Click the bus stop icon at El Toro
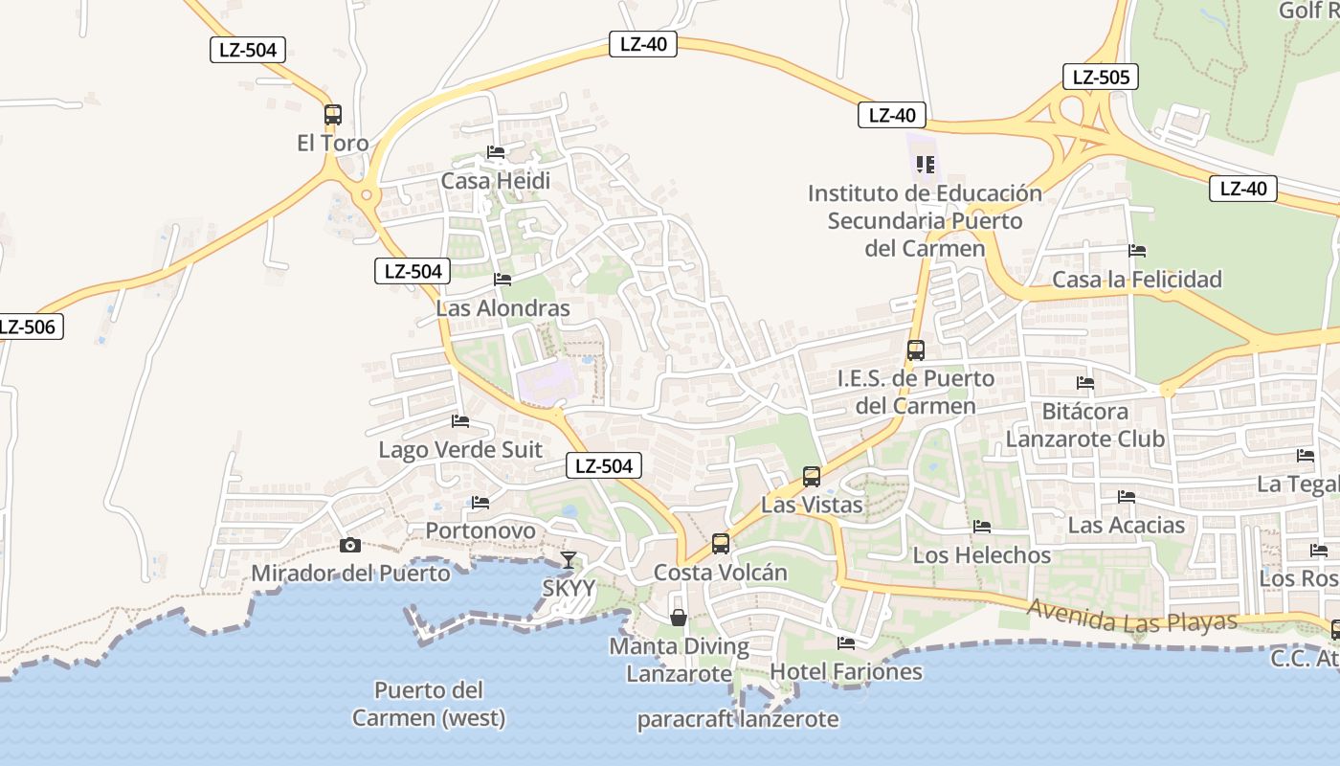332,115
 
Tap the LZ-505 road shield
1100,77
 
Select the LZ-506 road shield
27,327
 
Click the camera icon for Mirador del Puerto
350,545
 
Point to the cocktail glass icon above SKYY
569,559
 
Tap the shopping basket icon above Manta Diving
679,618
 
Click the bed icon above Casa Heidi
495,152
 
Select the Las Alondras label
502,308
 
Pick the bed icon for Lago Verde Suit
460,421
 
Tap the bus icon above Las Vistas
812,476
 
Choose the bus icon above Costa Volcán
721,544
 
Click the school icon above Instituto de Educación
925,165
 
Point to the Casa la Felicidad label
1137,280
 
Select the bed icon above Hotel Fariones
845,643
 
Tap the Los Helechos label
981,555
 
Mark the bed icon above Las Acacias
1127,497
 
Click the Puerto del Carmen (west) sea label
428,704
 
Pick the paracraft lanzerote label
738,720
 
